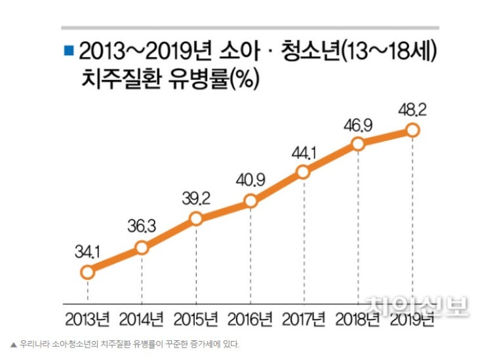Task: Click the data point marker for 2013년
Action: pyautogui.click(x=87, y=271)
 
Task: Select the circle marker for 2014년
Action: pyautogui.click(x=142, y=247)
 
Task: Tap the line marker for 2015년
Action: pyautogui.click(x=196, y=219)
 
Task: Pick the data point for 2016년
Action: pyautogui.click(x=250, y=201)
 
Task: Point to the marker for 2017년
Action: pyautogui.click(x=303, y=172)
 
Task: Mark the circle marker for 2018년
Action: pyautogui.click(x=358, y=144)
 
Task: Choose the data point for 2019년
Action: pyautogui.click(x=412, y=130)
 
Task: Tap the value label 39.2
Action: pyautogui.click(x=195, y=197)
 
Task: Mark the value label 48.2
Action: pyautogui.click(x=412, y=108)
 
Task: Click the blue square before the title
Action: pyautogui.click(x=68, y=49)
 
